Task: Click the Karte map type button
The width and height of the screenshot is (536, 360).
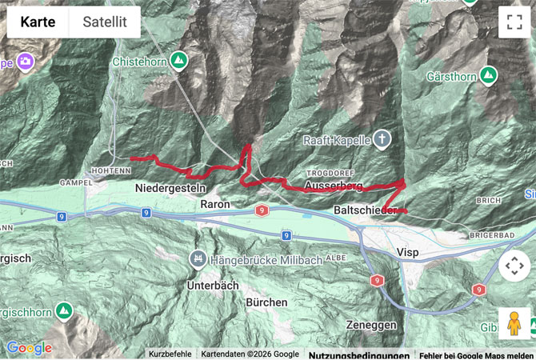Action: tap(38, 22)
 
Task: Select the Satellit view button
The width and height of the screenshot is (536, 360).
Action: tap(105, 22)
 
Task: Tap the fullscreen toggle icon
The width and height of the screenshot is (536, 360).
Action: tap(514, 22)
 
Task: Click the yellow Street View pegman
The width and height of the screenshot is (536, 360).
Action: tap(514, 323)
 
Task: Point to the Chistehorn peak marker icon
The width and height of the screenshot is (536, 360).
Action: tap(178, 60)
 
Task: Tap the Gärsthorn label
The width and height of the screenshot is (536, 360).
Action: tap(452, 77)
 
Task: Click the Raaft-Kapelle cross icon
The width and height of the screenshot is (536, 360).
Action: tap(382, 140)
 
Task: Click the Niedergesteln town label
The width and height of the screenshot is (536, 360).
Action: tap(170, 187)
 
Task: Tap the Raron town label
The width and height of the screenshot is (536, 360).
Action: tap(215, 205)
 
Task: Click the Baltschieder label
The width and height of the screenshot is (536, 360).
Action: tap(365, 210)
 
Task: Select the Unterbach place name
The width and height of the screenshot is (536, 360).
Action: tap(212, 285)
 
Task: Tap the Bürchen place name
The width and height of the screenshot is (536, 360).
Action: tap(266, 302)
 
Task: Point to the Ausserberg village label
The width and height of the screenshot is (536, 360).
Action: tap(334, 186)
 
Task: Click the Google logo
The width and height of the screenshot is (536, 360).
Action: tap(29, 348)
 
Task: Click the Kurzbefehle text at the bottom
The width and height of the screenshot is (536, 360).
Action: tap(170, 354)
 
